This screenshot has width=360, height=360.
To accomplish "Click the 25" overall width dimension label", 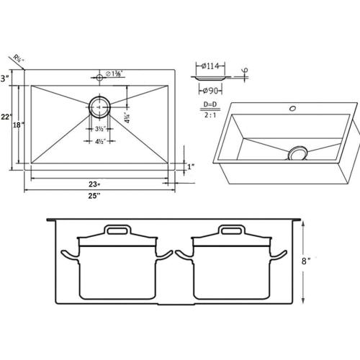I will [94, 196].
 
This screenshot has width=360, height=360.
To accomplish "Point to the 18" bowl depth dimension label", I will [20, 125].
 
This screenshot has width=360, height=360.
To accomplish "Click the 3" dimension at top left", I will [5, 78].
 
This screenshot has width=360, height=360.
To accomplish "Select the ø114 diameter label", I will [210, 67].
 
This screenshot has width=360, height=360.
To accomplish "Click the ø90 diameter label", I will [211, 91].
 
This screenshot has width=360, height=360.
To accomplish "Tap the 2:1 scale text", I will [212, 115].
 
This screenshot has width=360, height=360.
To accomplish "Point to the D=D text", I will [212, 106].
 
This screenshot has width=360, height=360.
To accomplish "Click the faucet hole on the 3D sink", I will [292, 109].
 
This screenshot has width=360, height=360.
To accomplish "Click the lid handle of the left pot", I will [117, 230].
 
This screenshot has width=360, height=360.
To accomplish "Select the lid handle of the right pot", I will [232, 230].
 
